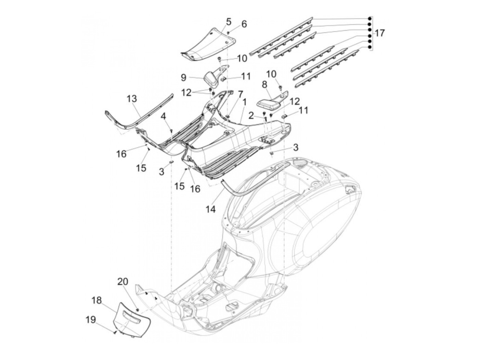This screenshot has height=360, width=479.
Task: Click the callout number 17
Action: click(x=379, y=34)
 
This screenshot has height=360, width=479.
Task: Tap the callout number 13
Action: click(x=132, y=99)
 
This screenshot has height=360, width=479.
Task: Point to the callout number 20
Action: click(x=122, y=282)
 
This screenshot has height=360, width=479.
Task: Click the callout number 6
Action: click(x=244, y=24)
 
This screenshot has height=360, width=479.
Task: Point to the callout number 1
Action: click(x=245, y=102)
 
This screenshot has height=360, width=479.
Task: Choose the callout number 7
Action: click(x=240, y=94)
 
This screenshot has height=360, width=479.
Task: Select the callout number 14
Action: click(x=210, y=209)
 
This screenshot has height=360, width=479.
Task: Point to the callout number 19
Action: click(x=91, y=320)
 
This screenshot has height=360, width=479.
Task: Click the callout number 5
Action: click(x=228, y=22)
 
